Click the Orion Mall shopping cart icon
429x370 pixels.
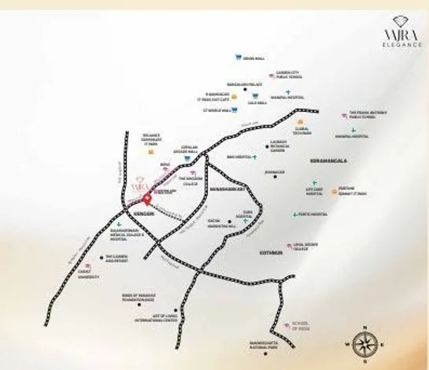(x=237, y=57)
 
